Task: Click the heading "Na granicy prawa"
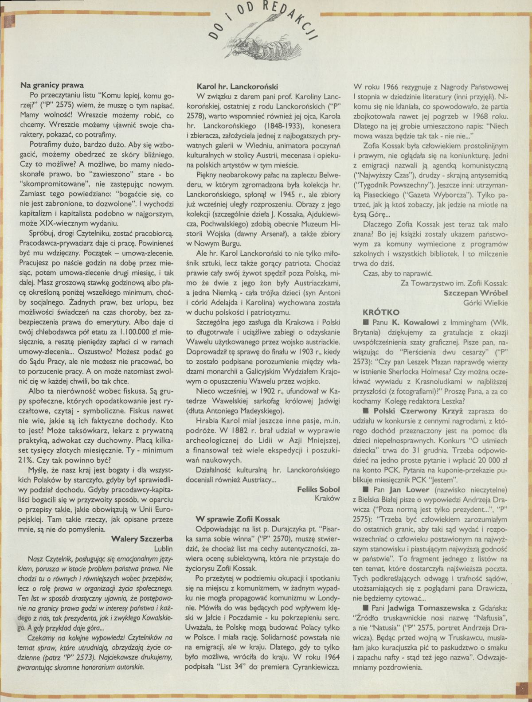(x=52, y=85)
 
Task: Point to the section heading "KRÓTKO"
(x=381, y=312)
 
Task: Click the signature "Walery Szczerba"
(x=142, y=539)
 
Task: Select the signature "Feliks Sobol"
(x=319, y=489)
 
